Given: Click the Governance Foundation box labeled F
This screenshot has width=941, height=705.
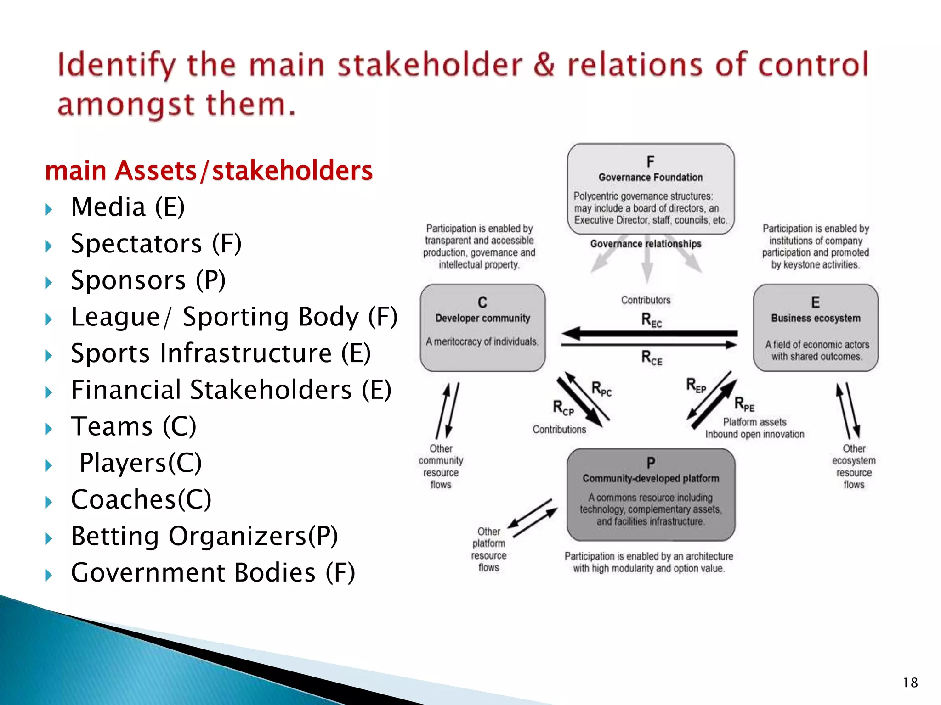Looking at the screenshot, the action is click(651, 189).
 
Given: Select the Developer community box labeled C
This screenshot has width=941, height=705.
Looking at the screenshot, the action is click(482, 328).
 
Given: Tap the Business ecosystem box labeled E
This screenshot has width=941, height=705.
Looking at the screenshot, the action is click(816, 328).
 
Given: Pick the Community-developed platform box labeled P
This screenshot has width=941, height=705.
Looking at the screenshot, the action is click(651, 495).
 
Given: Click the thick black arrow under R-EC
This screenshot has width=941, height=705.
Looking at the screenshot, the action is click(649, 334).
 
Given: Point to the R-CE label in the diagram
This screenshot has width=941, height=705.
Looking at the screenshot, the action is click(652, 357).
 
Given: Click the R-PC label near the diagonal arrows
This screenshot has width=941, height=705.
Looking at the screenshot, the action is click(601, 389).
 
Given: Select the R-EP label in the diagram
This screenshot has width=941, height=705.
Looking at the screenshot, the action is click(696, 385).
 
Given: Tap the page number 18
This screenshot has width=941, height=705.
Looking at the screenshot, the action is click(910, 683).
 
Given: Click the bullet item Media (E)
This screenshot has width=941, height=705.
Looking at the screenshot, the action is click(128, 207).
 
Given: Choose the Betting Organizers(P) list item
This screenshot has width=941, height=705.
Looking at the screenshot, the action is click(204, 536).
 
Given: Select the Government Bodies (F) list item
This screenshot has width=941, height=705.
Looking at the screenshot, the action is click(213, 572).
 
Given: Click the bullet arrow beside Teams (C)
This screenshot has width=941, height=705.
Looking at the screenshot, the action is click(49, 429).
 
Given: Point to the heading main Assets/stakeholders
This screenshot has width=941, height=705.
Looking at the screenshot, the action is click(209, 170).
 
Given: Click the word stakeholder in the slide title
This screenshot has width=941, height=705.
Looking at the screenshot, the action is click(430, 65).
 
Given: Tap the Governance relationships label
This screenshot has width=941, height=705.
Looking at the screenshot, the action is click(646, 244).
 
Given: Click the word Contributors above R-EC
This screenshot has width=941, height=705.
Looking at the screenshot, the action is click(646, 300).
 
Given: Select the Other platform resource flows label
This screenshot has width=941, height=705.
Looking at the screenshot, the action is click(489, 549).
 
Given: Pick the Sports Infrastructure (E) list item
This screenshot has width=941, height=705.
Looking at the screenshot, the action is click(221, 353).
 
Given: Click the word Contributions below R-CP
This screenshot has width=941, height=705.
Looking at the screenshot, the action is click(559, 429).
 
